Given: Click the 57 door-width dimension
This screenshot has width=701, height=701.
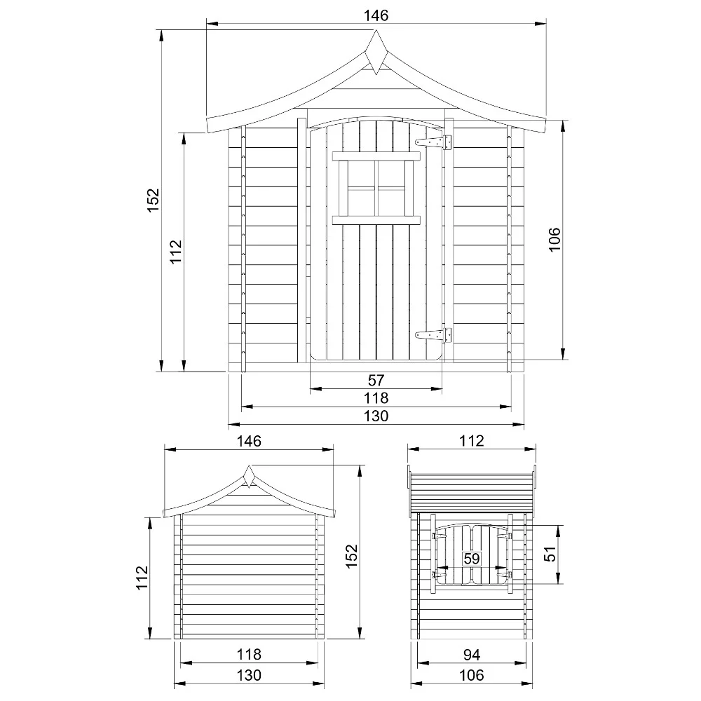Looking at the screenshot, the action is tap(376, 381).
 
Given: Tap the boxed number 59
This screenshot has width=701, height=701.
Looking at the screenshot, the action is tap(472, 559).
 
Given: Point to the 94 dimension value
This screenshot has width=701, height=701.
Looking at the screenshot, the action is tap(472, 655).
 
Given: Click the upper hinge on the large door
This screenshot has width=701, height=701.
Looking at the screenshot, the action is tap(433, 142).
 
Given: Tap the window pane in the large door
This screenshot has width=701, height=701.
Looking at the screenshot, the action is tap(376, 188).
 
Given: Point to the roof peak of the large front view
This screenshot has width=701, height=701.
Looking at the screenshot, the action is tap(376, 30).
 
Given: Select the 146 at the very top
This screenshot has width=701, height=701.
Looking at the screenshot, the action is tap(376, 15).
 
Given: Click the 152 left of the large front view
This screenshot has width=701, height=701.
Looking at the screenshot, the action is tap(154, 200).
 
